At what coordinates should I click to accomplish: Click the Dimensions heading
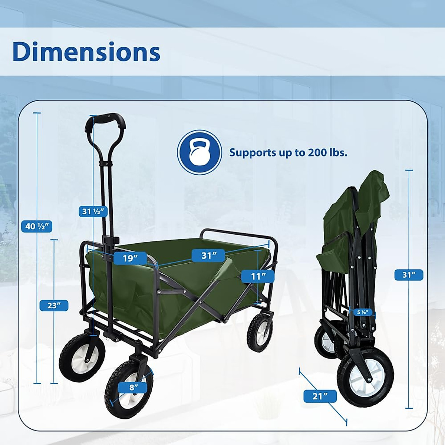pos(86,52)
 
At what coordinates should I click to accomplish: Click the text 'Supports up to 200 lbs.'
pos(288,152)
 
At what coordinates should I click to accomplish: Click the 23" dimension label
pos(54,306)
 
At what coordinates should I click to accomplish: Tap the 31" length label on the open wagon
pos(209,256)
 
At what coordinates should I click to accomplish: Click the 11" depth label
pos(258,276)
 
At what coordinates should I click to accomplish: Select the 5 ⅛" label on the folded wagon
pos(362,312)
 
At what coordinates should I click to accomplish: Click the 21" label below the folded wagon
pos(320,396)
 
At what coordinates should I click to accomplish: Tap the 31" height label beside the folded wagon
pos(409,275)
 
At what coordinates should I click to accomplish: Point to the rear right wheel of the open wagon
pos(260,332)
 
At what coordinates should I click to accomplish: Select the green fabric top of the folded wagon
pos(371,193)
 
